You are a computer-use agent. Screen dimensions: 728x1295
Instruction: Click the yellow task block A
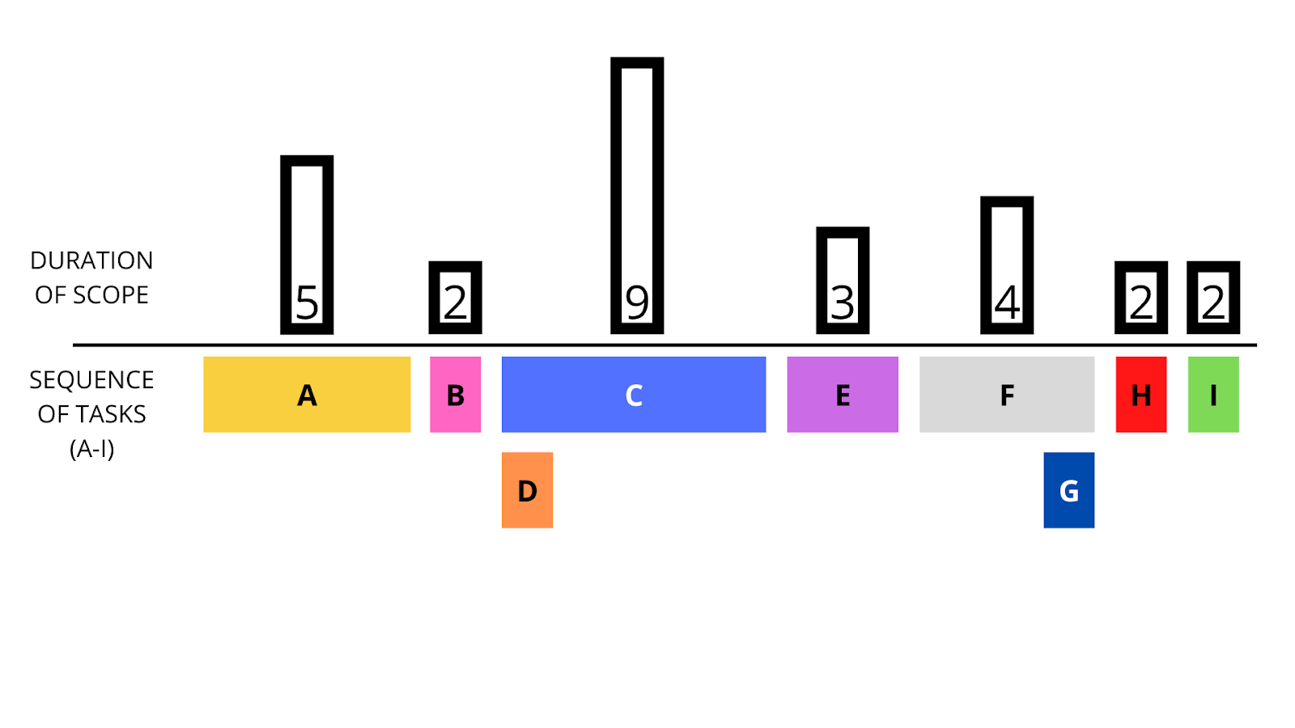pyautogui.click(x=307, y=395)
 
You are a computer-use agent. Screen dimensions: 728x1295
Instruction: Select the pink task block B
pyautogui.click(x=455, y=395)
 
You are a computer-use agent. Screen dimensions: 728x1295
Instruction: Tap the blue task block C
pyautogui.click(x=634, y=395)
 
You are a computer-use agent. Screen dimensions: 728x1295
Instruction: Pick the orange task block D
pyautogui.click(x=527, y=490)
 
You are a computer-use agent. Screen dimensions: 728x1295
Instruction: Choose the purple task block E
pyautogui.click(x=843, y=395)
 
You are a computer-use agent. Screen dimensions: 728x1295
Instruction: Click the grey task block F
pyautogui.click(x=1007, y=395)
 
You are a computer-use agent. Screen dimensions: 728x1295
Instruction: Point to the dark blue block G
pyautogui.click(x=1068, y=490)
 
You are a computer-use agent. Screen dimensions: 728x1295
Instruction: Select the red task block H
pyautogui.click(x=1141, y=395)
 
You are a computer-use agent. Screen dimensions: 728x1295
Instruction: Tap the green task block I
pyautogui.click(x=1213, y=395)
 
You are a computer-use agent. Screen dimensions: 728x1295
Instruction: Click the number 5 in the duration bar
pyautogui.click(x=307, y=303)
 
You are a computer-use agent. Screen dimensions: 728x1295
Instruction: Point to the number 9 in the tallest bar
pyautogui.click(x=637, y=303)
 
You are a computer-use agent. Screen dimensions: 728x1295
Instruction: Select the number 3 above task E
pyautogui.click(x=843, y=303)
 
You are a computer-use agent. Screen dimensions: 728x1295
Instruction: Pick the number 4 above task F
pyautogui.click(x=1007, y=303)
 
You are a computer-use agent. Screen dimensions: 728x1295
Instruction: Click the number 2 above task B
pyautogui.click(x=455, y=303)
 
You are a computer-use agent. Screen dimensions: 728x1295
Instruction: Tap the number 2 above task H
pyautogui.click(x=1141, y=303)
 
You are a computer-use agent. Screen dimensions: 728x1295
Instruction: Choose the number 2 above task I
pyautogui.click(x=1213, y=303)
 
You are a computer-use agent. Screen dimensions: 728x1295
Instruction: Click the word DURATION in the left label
pyautogui.click(x=91, y=260)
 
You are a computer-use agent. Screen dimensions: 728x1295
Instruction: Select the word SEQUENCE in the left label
pyautogui.click(x=91, y=379)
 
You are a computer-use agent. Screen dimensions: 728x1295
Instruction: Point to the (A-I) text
pyautogui.click(x=91, y=448)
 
